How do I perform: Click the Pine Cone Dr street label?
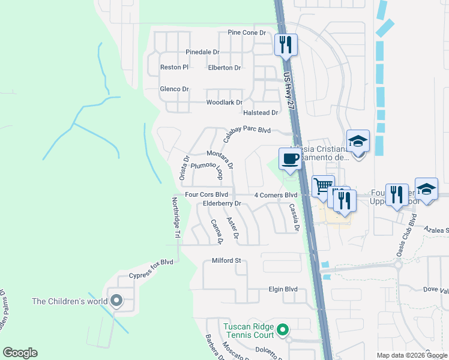click(x=246, y=32)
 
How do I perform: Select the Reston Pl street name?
click(x=174, y=67)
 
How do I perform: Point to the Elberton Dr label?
click(x=224, y=68)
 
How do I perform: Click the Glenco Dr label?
click(x=174, y=89)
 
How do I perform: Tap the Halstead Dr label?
click(x=261, y=112)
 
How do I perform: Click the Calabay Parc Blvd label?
click(x=247, y=134)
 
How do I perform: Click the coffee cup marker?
click(x=290, y=159)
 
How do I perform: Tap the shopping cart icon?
click(x=323, y=185)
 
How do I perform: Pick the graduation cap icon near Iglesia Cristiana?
click(x=358, y=141)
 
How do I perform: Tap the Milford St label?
click(x=226, y=261)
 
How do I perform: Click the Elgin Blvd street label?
click(x=283, y=289)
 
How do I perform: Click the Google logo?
click(x=20, y=353)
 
